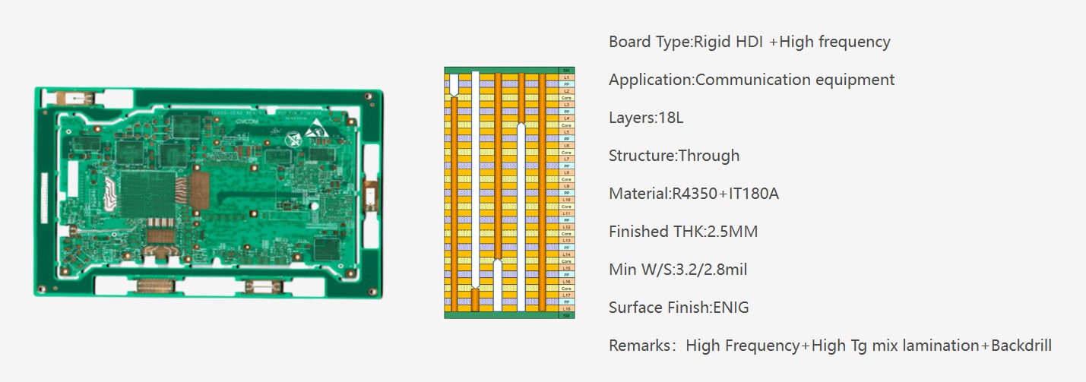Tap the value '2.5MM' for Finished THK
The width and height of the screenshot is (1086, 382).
tap(733, 232)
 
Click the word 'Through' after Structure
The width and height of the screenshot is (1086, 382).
tap(708, 156)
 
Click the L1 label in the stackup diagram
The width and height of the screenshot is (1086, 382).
tap(566, 77)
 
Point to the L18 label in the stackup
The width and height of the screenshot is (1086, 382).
tap(566, 308)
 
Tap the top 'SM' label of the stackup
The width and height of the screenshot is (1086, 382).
tap(566, 71)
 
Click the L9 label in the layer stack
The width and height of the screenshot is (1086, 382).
tap(566, 186)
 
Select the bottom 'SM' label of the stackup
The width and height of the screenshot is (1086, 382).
tap(566, 315)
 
